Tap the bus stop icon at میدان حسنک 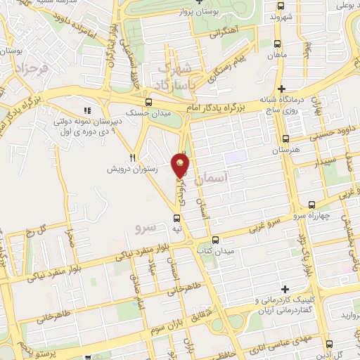146,101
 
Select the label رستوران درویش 131,169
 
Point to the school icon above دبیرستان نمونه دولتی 87,110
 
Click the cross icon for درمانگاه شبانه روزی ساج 281,89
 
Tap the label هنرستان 285,152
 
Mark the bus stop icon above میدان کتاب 216,239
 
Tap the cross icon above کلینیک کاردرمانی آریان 285,289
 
